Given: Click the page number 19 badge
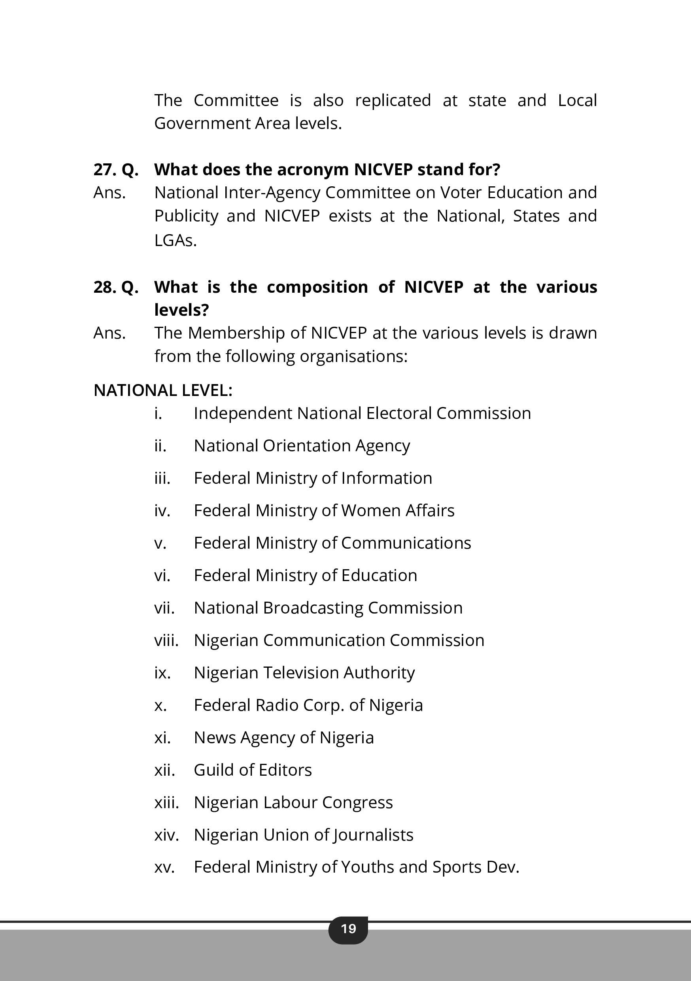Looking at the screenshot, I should click(x=348, y=928).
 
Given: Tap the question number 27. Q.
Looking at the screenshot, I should click(x=116, y=170).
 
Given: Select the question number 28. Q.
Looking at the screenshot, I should click(x=116, y=287).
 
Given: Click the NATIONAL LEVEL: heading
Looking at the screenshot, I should click(x=163, y=390).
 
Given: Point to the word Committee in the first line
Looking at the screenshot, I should click(x=236, y=100).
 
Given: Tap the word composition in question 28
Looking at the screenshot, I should click(x=317, y=287).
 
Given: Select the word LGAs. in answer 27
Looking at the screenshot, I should click(x=176, y=241).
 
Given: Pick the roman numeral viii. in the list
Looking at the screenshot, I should click(x=166, y=640).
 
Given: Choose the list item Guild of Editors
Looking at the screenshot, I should click(x=253, y=770).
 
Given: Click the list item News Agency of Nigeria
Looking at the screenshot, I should click(x=283, y=737).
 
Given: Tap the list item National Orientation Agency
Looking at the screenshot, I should click(x=302, y=446).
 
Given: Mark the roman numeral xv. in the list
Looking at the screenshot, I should click(x=164, y=867).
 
